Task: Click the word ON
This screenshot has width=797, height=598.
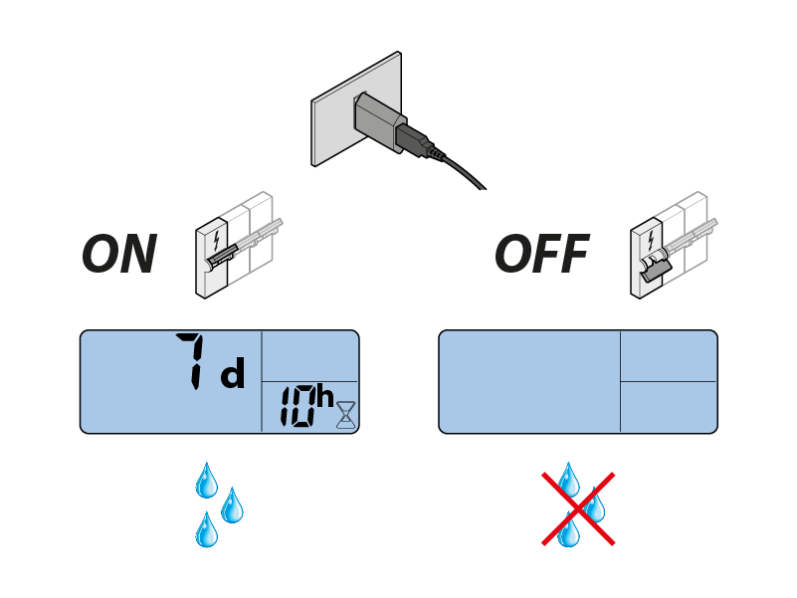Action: pyautogui.click(x=119, y=255)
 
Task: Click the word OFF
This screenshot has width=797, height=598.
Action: pyautogui.click(x=542, y=255)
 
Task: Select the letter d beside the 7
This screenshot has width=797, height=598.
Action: pyautogui.click(x=231, y=375)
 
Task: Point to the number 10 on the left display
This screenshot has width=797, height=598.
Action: pyautogui.click(x=295, y=408)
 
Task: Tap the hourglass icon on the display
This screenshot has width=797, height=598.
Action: pyautogui.click(x=344, y=414)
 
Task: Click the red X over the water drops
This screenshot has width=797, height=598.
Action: pyautogui.click(x=578, y=508)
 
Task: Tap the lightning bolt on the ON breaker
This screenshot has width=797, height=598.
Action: pyautogui.click(x=218, y=240)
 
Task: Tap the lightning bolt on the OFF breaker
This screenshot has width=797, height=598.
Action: pyautogui.click(x=651, y=240)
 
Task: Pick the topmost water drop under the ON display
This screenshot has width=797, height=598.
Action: pyautogui.click(x=206, y=480)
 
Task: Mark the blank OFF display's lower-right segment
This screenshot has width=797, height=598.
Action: pyautogui.click(x=668, y=407)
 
